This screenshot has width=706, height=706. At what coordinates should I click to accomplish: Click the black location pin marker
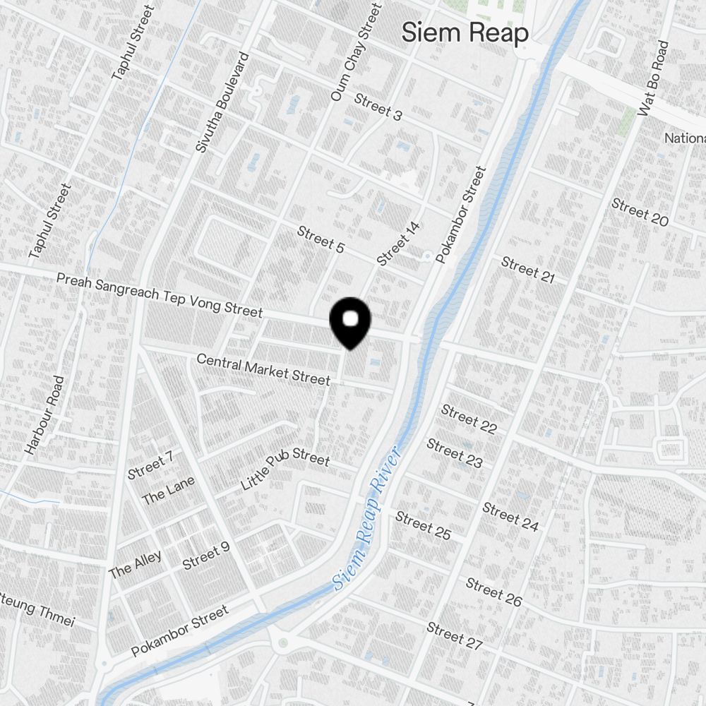click(x=350, y=322)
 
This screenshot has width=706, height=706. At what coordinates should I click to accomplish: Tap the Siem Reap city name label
click(x=465, y=32)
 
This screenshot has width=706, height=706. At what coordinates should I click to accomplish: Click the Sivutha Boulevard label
click(x=222, y=103)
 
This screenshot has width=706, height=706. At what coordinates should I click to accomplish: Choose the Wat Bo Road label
click(x=653, y=78)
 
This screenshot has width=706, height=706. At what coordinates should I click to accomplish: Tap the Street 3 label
click(x=378, y=107)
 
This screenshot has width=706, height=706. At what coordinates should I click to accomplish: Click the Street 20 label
click(x=640, y=213)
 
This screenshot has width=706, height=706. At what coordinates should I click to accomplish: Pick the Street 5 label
click(x=321, y=239)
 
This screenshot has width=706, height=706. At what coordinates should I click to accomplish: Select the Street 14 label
click(x=398, y=244)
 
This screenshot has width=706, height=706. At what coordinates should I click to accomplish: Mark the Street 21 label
click(x=528, y=270)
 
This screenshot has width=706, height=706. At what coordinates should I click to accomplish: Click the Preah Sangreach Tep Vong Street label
click(x=160, y=295)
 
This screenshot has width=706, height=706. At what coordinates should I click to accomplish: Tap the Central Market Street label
click(x=263, y=369)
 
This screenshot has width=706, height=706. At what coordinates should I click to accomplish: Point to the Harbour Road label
click(x=44, y=415)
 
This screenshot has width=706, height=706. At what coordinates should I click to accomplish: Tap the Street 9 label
click(x=206, y=556)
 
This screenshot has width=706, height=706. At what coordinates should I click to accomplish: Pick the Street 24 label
click(x=510, y=517)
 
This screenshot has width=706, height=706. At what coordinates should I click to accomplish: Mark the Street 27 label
click(x=455, y=635)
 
